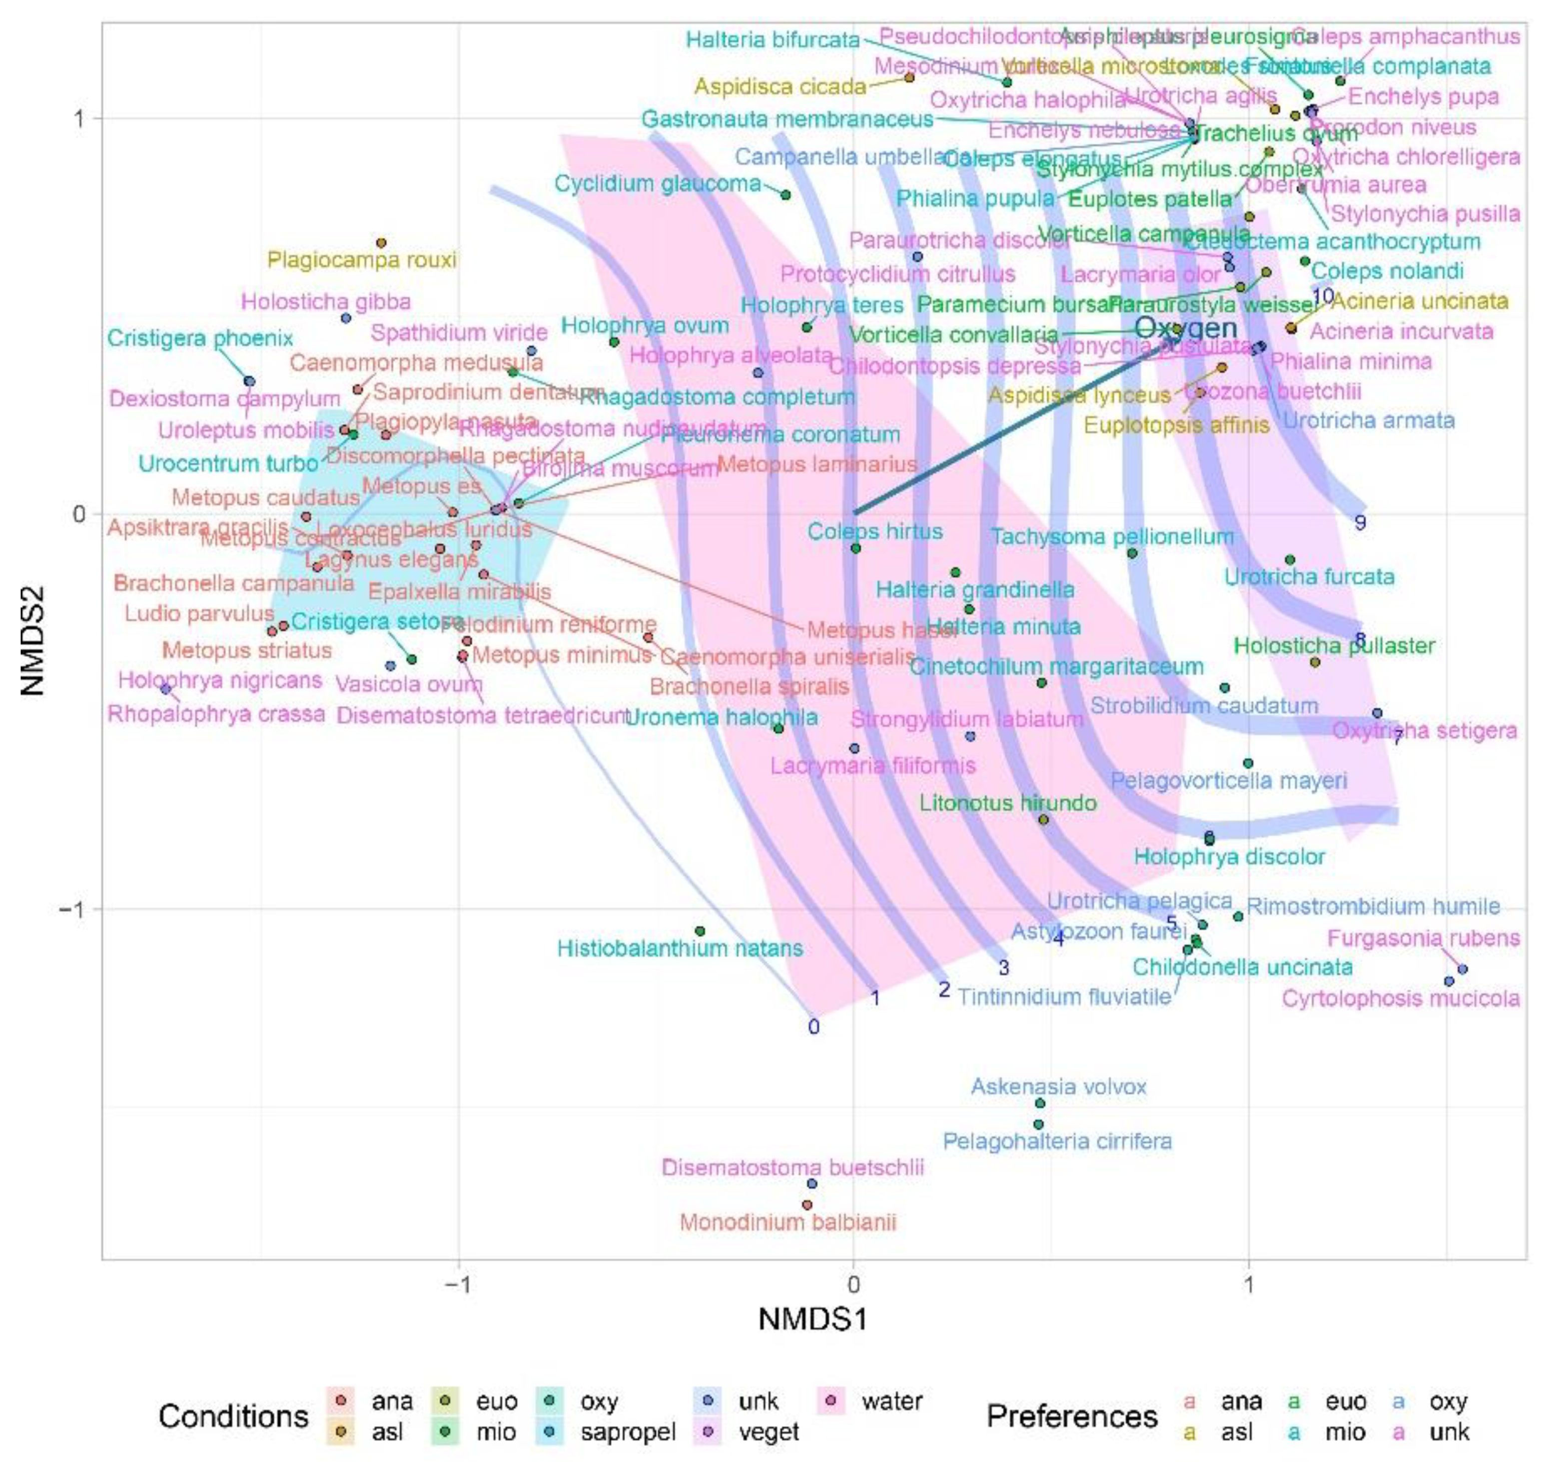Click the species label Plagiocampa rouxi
pos(362,259)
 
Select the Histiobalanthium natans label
pos(680,949)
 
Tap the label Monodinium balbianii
pos(788,1222)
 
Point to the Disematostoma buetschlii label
pos(792,1168)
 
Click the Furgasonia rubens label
pos(1423,938)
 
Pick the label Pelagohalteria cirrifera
pos(1057,1141)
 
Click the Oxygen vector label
pos(1185,328)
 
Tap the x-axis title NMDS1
pos(813,1320)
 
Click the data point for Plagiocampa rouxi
pos(381,243)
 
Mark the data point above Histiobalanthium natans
pos(700,931)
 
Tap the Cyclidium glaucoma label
pos(658,184)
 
